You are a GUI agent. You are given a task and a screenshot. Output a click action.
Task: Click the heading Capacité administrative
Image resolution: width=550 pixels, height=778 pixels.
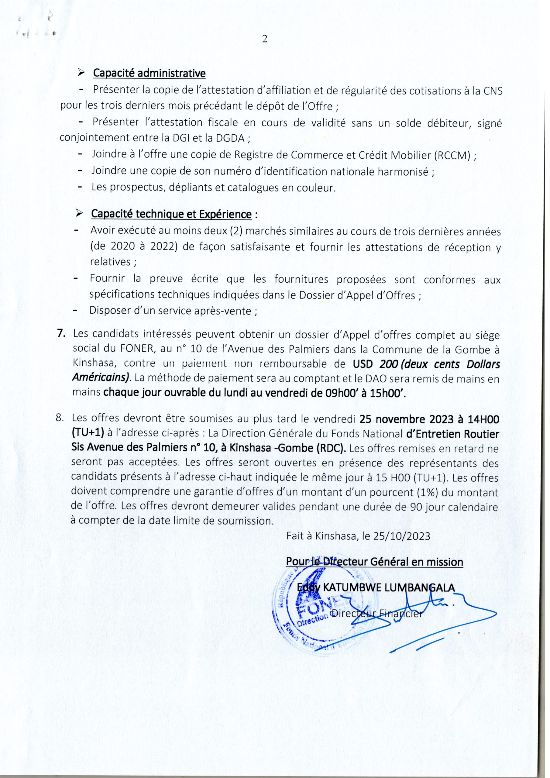pyautogui.click(x=149, y=73)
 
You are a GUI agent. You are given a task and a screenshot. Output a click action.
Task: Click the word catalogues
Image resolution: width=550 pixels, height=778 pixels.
pyautogui.click(x=253, y=188)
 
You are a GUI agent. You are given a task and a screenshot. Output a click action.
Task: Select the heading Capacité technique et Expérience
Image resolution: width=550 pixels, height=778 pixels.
pyautogui.click(x=171, y=215)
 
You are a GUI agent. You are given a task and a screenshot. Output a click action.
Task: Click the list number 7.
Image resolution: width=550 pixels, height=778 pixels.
pyautogui.click(x=61, y=334)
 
